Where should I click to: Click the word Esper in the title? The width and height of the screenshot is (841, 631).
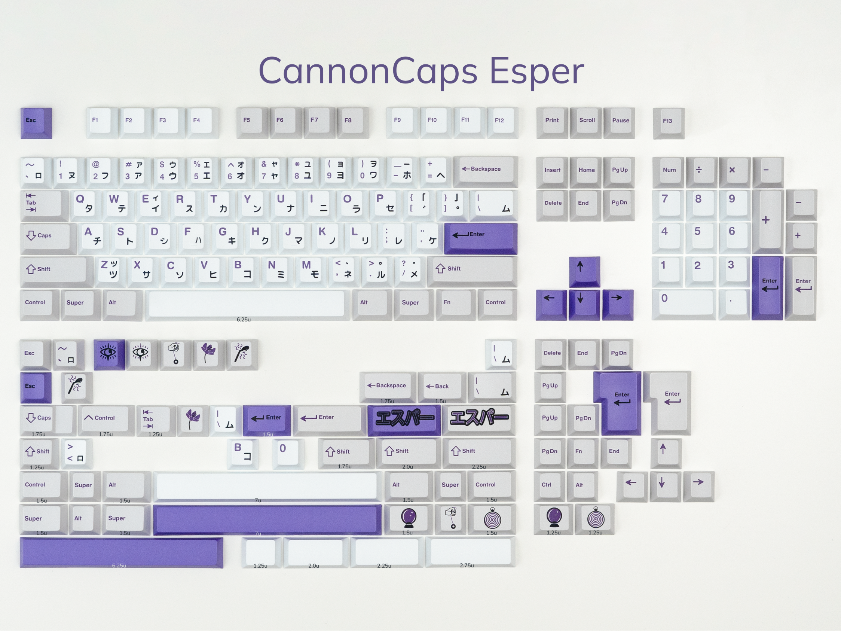[536, 71]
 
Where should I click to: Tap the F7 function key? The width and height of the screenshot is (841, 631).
[319, 122]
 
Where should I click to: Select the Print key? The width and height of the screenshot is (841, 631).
[552, 123]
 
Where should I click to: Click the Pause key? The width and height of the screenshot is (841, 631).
[620, 123]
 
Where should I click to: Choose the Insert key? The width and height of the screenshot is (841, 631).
[552, 172]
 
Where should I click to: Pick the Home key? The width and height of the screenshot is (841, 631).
[586, 172]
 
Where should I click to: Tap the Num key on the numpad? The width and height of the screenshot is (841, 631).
[669, 172]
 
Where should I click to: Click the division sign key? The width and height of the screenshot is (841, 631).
[702, 172]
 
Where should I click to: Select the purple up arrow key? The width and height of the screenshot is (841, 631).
[585, 272]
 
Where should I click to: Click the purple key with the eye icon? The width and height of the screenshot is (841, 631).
[109, 354]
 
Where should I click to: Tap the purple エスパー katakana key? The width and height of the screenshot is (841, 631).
[404, 420]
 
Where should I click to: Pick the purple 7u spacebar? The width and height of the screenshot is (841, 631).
[267, 519]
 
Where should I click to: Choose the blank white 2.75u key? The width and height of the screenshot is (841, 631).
[470, 552]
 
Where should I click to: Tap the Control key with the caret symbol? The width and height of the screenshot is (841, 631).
[106, 421]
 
